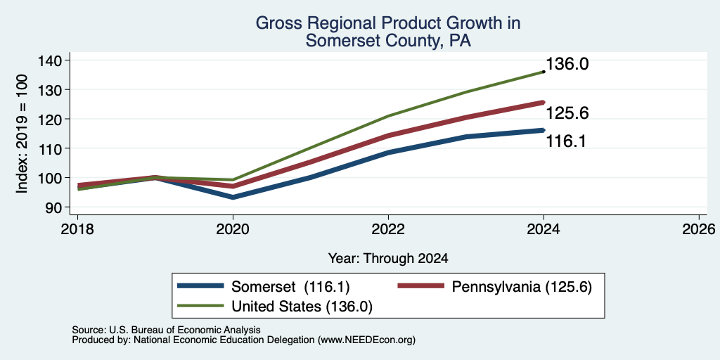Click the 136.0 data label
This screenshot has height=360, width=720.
(567, 64)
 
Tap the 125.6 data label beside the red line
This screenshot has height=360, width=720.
(567, 113)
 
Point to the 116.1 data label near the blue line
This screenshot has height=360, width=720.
(566, 141)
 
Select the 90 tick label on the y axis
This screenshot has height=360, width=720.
(61, 207)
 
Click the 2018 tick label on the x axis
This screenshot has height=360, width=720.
(77, 229)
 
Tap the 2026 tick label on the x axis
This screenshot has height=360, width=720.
(699, 229)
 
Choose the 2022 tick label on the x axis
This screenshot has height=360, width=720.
(388, 229)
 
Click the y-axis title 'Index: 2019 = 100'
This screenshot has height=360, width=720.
(22, 134)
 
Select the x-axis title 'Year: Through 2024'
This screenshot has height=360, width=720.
(388, 259)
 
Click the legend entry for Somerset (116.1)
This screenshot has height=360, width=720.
(264, 287)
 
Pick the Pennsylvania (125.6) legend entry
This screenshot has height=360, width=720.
(494, 287)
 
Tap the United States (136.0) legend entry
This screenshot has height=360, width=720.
(275, 307)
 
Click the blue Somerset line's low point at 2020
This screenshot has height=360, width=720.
(233, 198)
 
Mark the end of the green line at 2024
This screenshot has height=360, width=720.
(544, 72)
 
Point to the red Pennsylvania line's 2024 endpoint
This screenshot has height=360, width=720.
(544, 103)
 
